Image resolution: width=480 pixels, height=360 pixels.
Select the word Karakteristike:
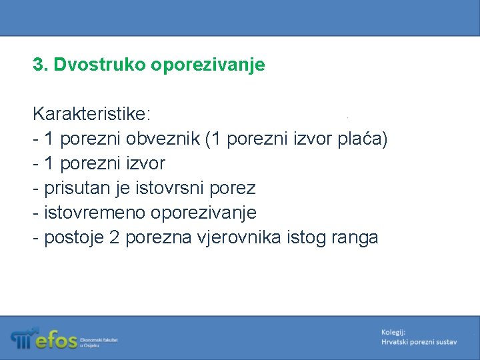92,114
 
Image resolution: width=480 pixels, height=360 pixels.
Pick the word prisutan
73,189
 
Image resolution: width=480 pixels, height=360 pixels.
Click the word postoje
71,238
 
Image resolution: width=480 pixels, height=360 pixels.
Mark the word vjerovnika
235,238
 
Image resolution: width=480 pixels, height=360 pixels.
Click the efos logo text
56,341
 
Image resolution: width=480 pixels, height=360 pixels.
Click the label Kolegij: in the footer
393,332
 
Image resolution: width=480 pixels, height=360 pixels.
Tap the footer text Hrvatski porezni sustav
419,342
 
